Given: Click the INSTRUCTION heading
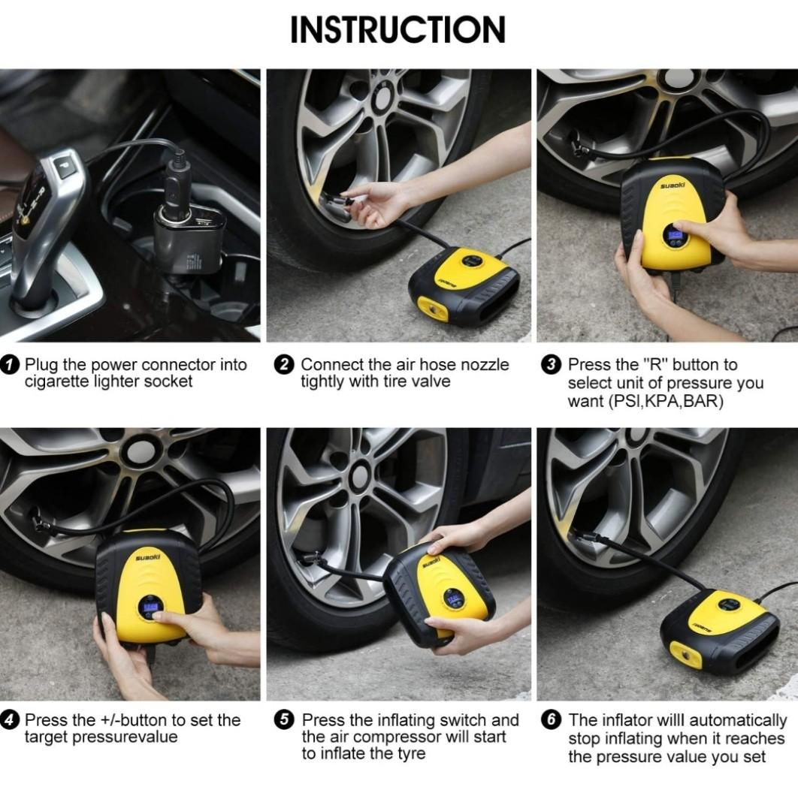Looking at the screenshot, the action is point(397,29).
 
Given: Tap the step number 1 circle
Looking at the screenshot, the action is point(10,365).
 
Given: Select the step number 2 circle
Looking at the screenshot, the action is point(284,365).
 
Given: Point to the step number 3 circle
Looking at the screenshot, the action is point(551,365).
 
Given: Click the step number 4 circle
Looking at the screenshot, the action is point(10,720).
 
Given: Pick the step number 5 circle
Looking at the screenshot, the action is point(284,720).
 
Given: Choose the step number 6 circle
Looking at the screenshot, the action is point(551,720).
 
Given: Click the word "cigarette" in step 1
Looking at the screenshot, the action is point(56,381).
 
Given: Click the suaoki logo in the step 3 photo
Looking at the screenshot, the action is point(673,185).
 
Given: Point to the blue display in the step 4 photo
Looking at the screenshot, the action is point(150,606).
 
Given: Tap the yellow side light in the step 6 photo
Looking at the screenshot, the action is point(686,656).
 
